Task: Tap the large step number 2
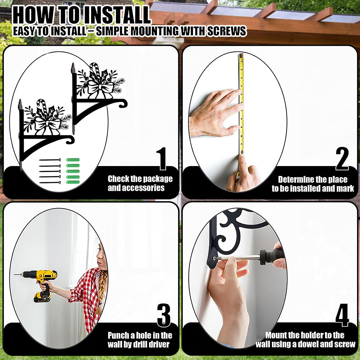click(342, 158)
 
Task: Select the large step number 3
click(164, 315)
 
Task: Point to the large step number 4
click(342, 315)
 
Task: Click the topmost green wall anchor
click(73, 160)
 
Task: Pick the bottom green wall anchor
click(73, 182)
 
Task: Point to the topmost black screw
click(50, 160)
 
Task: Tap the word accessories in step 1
click(136, 188)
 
